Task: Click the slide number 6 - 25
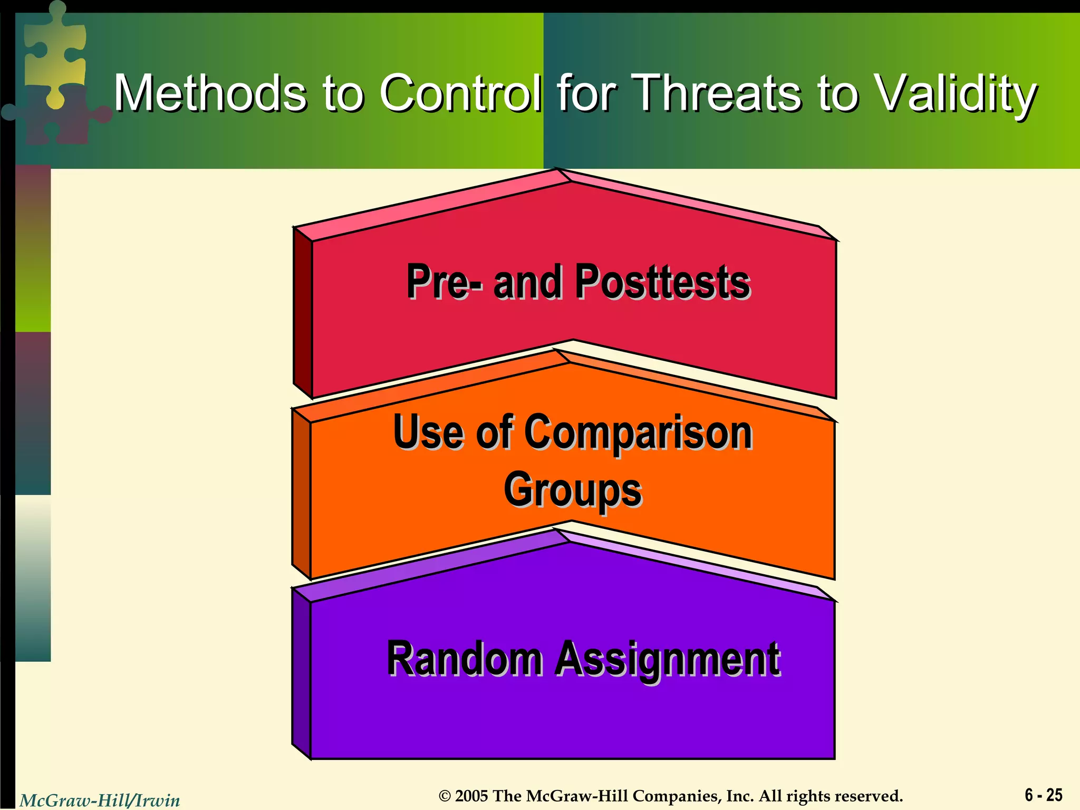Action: pos(1043,795)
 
